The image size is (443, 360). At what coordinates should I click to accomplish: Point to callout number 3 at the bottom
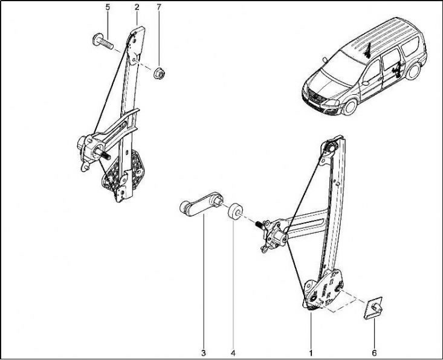click(x=204, y=352)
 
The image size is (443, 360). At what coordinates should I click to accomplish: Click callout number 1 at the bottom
click(x=311, y=352)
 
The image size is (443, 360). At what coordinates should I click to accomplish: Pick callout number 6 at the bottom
click(x=374, y=352)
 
